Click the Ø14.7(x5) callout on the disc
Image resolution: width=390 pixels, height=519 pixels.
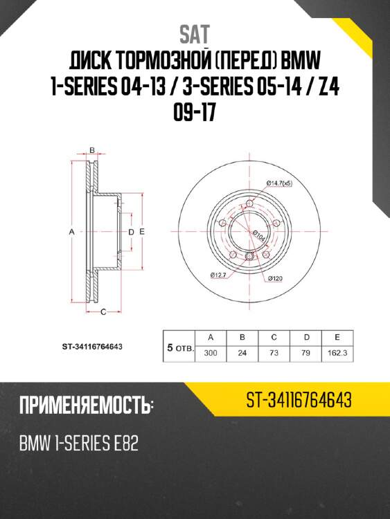[280, 183]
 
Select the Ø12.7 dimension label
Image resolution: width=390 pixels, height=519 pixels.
[219, 275]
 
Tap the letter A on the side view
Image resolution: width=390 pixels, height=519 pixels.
[71, 233]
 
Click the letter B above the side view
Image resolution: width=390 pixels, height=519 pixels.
[92, 150]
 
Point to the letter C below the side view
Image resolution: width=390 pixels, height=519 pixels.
[103, 313]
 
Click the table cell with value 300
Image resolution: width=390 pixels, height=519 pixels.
[211, 352]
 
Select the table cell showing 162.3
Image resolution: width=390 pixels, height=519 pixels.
[336, 352]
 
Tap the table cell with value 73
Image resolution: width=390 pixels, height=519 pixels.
[274, 352]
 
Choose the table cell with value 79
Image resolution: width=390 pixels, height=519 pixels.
[305, 352]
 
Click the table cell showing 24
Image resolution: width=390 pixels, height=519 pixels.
[242, 352]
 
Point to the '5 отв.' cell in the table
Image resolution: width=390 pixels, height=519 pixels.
[179, 345]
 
